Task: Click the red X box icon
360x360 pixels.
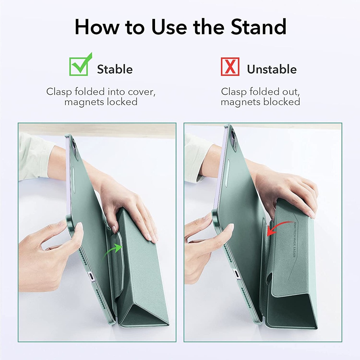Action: pyautogui.click(x=230, y=67)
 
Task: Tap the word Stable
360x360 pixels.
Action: pyautogui.click(x=115, y=69)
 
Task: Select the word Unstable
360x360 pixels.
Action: pyautogui.click(x=272, y=69)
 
